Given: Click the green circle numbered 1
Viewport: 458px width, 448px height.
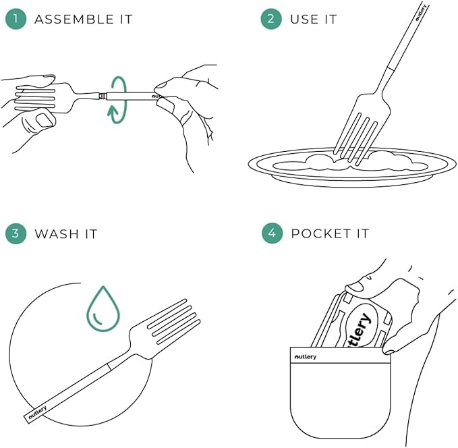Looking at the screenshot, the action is click(x=16, y=19).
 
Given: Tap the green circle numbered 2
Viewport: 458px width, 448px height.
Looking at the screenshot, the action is click(x=271, y=19).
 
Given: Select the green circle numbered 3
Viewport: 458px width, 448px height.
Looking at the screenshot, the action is click(x=16, y=233).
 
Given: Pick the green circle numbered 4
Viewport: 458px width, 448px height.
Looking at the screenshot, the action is click(x=272, y=233).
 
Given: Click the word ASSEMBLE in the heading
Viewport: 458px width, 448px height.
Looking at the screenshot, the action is click(x=74, y=20).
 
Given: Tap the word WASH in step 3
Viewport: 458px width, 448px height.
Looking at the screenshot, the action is click(x=57, y=234).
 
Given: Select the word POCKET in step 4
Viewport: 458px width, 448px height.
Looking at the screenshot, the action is click(x=320, y=234).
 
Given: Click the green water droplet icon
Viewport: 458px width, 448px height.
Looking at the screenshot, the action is click(x=103, y=309).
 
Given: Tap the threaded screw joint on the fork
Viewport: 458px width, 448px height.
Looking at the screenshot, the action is click(x=103, y=96).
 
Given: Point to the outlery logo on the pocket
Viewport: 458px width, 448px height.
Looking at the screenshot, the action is click(x=306, y=357).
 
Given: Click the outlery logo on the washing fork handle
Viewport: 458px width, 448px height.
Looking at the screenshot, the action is click(x=38, y=414).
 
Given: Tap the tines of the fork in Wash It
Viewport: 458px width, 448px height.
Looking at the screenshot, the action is click(x=174, y=322).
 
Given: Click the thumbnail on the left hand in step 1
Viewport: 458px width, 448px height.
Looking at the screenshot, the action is click(x=44, y=120).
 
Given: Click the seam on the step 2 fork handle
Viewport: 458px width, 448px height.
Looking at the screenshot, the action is click(x=391, y=69).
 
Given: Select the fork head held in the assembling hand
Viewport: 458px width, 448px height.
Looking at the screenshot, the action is click(x=44, y=97).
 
